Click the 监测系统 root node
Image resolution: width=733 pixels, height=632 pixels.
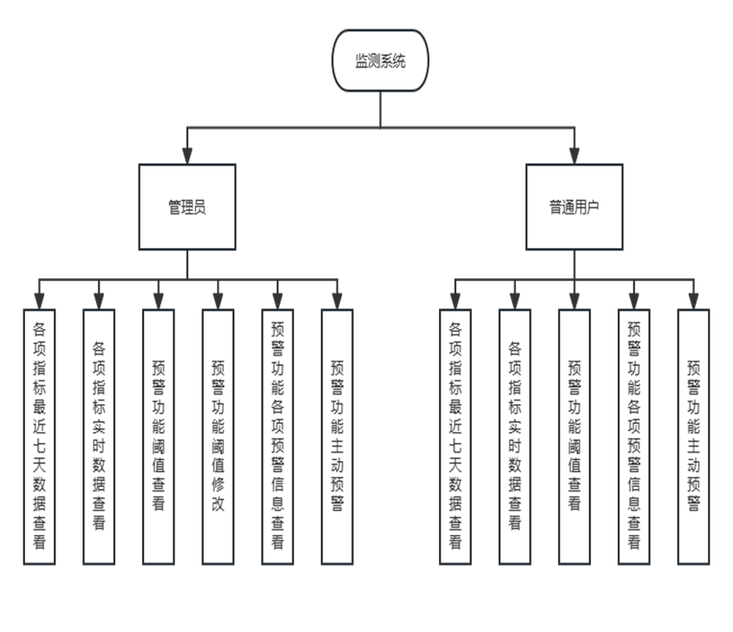click(380, 61)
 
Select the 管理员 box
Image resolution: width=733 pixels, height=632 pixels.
click(187, 207)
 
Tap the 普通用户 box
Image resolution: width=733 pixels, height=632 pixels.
click(573, 207)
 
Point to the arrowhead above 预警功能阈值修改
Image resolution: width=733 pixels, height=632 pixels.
click(218, 299)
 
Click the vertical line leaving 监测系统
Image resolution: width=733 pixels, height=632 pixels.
click(380, 108)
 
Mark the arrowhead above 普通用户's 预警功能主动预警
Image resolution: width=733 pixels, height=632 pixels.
click(693, 299)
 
